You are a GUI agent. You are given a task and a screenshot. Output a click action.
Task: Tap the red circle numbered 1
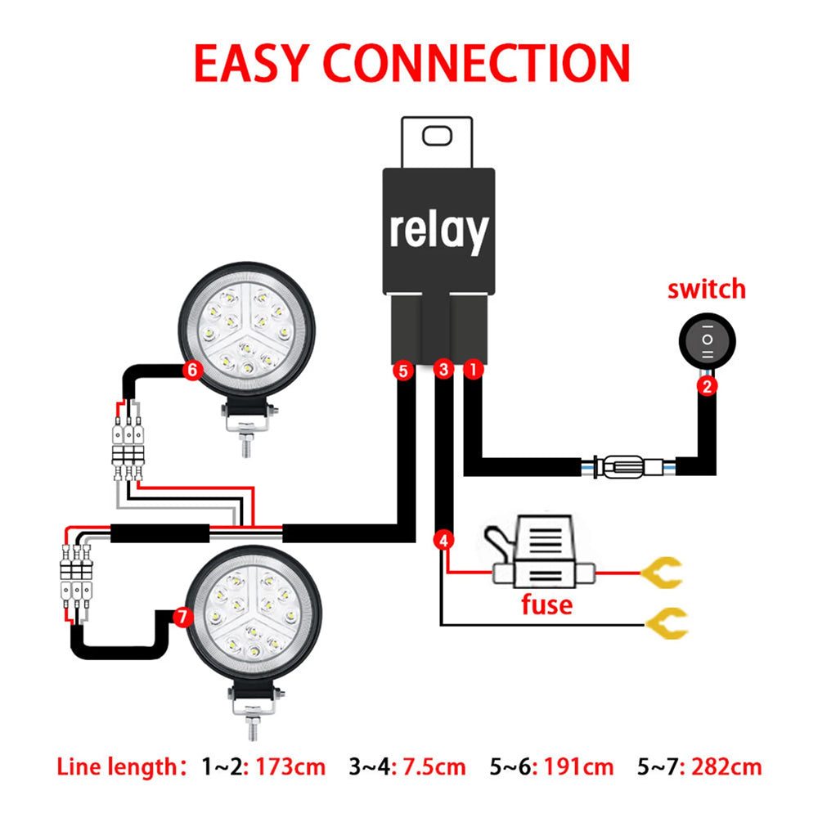tap(472, 370)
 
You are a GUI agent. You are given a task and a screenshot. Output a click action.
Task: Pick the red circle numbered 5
tap(402, 371)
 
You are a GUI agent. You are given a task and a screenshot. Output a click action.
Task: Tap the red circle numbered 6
tap(192, 370)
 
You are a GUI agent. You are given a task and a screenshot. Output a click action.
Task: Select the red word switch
tap(707, 290)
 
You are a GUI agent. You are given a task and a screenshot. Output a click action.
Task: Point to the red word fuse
tap(547, 605)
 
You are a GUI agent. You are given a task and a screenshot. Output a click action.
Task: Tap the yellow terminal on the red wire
tap(662, 573)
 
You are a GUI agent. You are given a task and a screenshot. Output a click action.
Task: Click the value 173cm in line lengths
tap(290, 767)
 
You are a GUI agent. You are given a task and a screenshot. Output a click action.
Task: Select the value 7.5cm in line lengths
tap(431, 767)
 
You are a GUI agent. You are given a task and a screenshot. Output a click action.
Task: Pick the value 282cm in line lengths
tap(726, 767)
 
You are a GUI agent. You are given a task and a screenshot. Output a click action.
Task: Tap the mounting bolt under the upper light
tap(245, 442)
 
